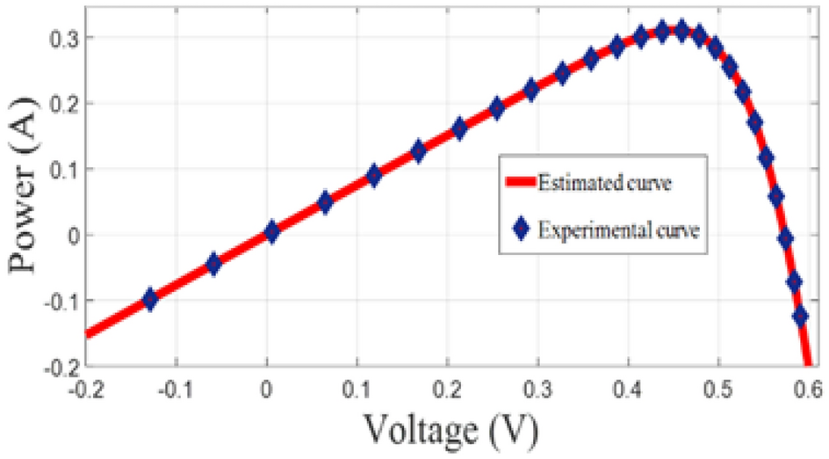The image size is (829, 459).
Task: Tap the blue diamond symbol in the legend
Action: (x=521, y=230)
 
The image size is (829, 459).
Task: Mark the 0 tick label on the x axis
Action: (x=268, y=387)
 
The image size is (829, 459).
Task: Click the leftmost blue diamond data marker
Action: (x=150, y=299)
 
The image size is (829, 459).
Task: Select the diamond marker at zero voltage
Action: (x=271, y=232)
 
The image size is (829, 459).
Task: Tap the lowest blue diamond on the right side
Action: (x=800, y=315)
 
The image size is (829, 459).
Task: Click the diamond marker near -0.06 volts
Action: (x=213, y=264)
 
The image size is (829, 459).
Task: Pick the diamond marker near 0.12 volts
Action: (x=374, y=175)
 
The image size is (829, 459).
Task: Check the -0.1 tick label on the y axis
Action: (x=58, y=301)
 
